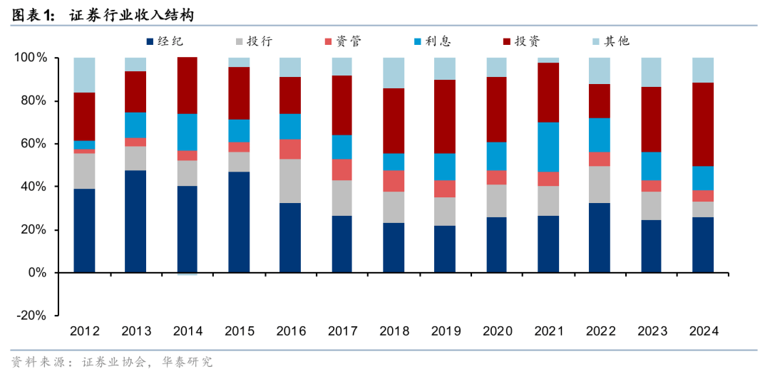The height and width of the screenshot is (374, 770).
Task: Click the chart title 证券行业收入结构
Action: pos(131,15)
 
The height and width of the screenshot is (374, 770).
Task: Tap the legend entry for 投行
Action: pos(259,41)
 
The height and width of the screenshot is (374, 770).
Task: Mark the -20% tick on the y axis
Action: pos(33,316)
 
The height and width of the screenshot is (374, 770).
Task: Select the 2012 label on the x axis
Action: pos(85,331)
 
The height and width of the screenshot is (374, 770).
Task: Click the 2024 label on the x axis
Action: pos(703,331)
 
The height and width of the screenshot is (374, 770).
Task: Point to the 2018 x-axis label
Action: pos(394,331)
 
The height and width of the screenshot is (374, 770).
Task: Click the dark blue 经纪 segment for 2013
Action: pos(136,221)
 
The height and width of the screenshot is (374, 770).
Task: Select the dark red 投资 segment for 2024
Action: pos(703,124)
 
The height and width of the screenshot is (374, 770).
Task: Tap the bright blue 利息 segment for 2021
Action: pos(548,147)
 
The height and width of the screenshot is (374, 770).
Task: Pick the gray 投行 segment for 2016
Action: pos(291,181)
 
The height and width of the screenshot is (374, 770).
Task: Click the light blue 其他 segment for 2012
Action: pos(85,75)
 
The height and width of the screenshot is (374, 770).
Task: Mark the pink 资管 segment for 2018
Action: pos(394,181)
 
